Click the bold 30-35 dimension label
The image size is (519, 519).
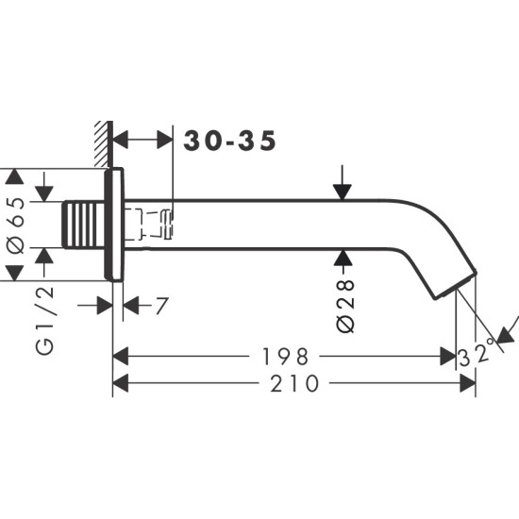pos(230,142)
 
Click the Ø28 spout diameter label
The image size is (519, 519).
pos(344,304)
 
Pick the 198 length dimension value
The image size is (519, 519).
pos(287,357)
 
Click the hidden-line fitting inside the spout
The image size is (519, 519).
pos(151,224)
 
